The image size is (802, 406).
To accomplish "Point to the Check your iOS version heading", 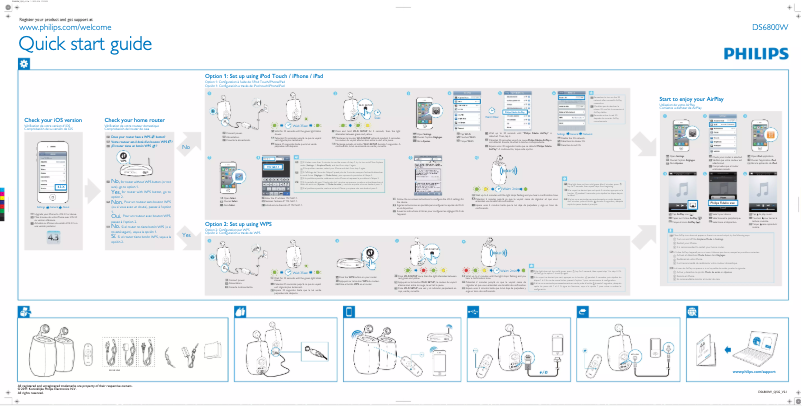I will point(50,121).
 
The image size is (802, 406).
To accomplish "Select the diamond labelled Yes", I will point(187,234).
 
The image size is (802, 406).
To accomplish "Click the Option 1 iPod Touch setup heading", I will point(264,77).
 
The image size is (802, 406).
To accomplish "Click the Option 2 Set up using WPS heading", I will point(246,225).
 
